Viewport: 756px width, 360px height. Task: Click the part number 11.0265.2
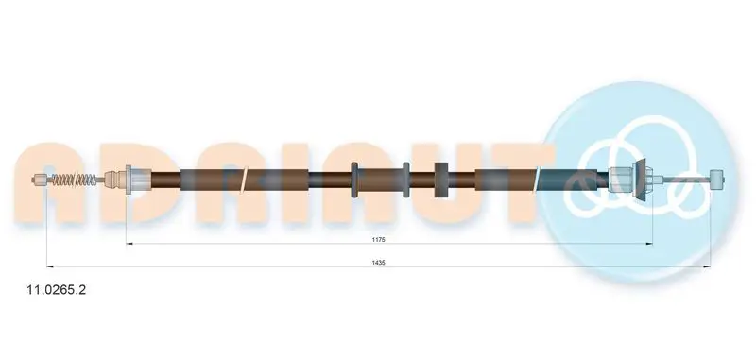pyautogui.click(x=58, y=290)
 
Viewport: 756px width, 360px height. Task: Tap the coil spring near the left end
pyautogui.click(x=75, y=180)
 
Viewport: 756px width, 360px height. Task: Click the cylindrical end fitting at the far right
pyautogui.click(x=717, y=179)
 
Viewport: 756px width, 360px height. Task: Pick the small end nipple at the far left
pyautogui.click(x=41, y=180)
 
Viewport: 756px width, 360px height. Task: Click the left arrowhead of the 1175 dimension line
pyautogui.click(x=129, y=244)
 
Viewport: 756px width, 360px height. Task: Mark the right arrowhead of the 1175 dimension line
pyautogui.click(x=649, y=244)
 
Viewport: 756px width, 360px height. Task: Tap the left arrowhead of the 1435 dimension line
pyautogui.click(x=49, y=266)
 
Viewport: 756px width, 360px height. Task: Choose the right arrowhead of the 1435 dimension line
pyautogui.click(x=708, y=266)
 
